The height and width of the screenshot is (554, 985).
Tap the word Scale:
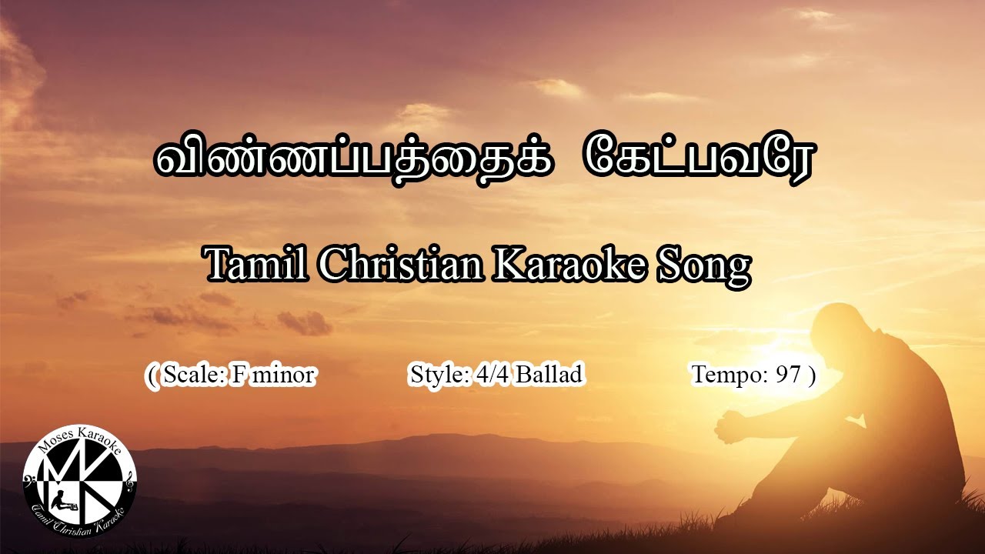pyautogui.click(x=194, y=375)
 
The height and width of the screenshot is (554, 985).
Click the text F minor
pyautogui.click(x=272, y=375)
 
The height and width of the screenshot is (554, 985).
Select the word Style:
pyautogui.click(x=440, y=375)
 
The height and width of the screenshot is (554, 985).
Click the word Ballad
pyautogui.click(x=549, y=375)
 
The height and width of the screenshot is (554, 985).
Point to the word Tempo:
pyautogui.click(x=730, y=375)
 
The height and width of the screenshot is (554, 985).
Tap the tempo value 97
pyautogui.click(x=789, y=375)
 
